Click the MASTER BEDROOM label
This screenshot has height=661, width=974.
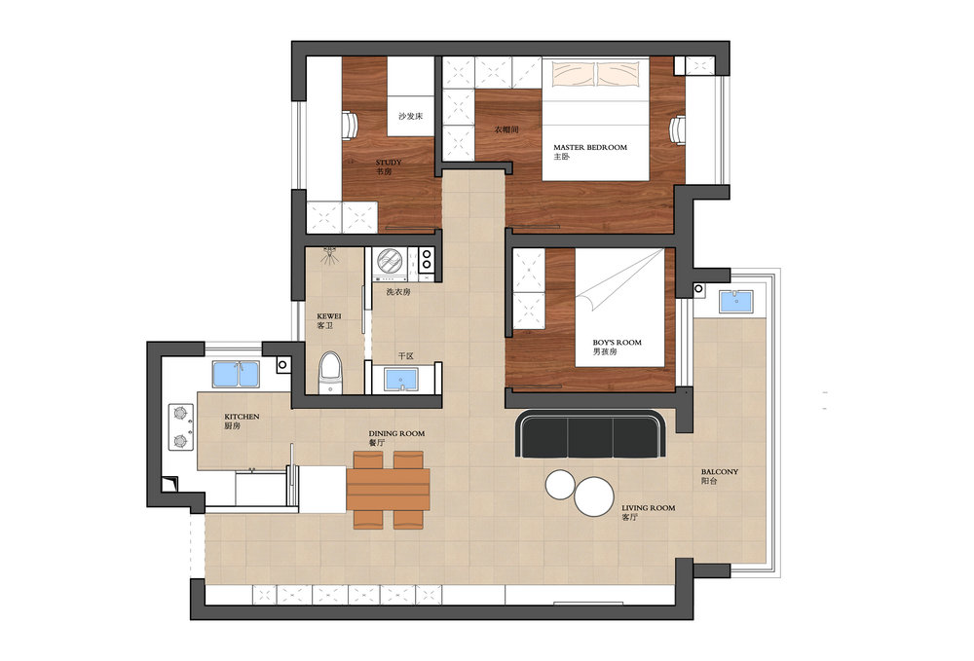click(590, 148)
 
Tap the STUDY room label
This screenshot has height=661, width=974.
click(389, 163)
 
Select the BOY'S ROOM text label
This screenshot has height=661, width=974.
click(617, 343)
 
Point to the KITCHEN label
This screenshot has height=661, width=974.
click(242, 417)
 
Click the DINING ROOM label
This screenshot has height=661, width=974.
click(396, 434)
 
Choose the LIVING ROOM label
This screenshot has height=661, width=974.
click(648, 508)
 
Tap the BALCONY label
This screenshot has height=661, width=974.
click(720, 472)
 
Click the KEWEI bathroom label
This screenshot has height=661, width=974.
click(328, 316)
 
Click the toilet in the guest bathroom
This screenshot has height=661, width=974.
click(330, 373)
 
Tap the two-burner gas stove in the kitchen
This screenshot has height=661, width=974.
click(181, 427)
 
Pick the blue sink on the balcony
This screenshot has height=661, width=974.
click(736, 302)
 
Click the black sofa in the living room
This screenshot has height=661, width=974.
click(591, 434)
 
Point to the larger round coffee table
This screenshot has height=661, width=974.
click(594, 496)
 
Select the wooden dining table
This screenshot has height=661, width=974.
click(389, 489)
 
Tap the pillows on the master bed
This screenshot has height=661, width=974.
click(596, 73)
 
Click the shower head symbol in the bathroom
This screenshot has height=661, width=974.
click(330, 254)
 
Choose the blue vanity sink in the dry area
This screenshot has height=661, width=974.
click(400, 380)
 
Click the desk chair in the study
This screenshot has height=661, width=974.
click(350, 127)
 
